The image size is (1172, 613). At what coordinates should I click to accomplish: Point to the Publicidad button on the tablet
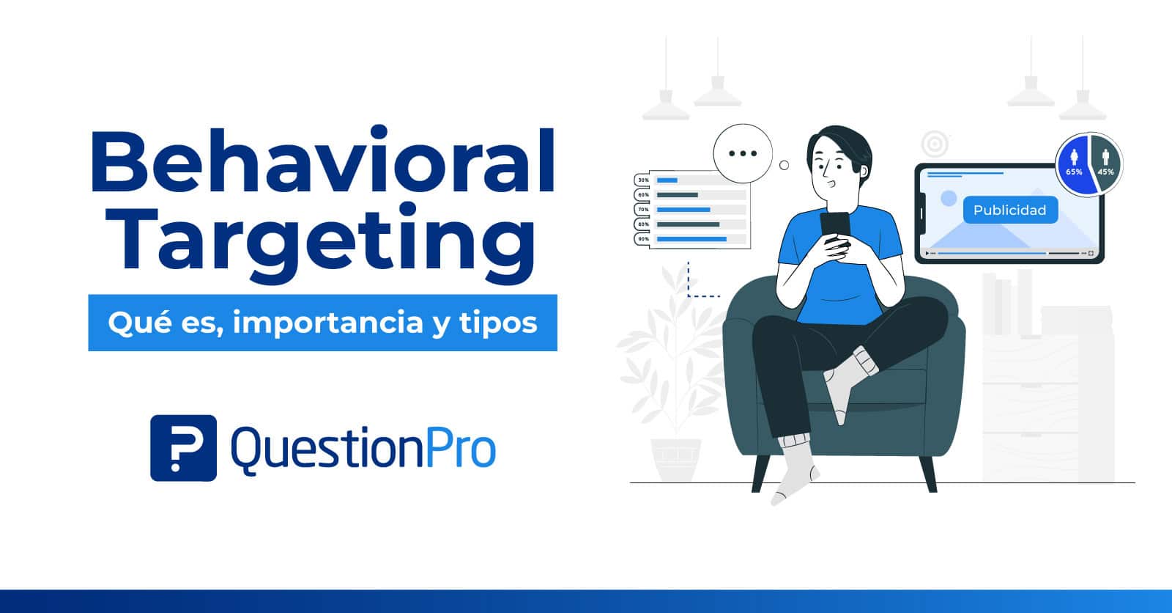coord(1009,210)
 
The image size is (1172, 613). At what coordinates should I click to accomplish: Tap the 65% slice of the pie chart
coord(1074,165)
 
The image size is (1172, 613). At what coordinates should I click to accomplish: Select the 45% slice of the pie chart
coord(1105,165)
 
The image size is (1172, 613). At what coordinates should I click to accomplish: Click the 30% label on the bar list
coord(643,180)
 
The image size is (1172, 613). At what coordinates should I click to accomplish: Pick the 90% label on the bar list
coord(643,239)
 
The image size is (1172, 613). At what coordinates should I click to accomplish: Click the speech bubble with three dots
coord(743,154)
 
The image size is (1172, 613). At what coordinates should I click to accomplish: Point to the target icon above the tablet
coord(935,144)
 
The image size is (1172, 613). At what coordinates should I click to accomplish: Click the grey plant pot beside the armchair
coord(675,459)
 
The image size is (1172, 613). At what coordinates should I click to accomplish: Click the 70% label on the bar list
coord(643,210)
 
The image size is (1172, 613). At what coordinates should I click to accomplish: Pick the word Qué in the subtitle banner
coord(130,323)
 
